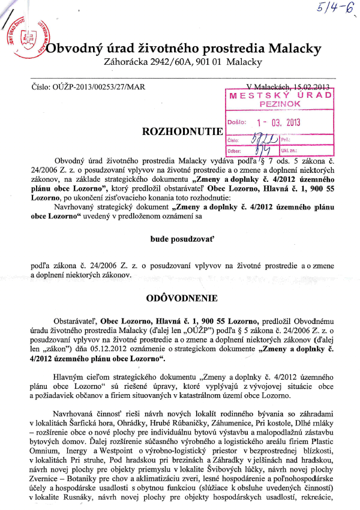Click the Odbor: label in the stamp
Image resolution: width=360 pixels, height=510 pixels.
click(x=238, y=149)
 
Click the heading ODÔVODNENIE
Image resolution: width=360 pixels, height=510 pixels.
click(x=181, y=298)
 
